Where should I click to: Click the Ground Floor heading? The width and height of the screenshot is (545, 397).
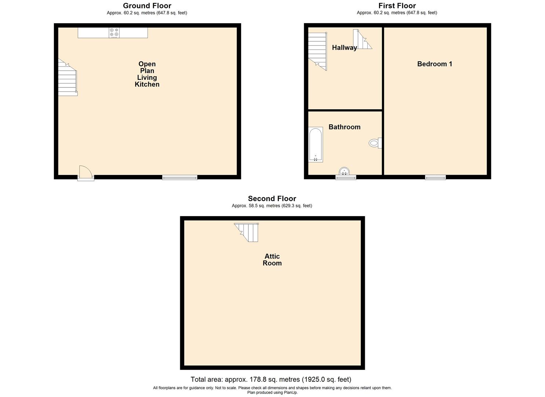(147, 6)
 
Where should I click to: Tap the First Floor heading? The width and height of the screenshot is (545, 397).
(397, 6)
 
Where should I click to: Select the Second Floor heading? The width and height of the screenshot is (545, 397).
(272, 199)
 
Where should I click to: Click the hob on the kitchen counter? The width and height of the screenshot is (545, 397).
(114, 33)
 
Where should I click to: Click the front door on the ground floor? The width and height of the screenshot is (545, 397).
(85, 173)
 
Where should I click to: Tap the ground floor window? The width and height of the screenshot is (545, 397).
(180, 178)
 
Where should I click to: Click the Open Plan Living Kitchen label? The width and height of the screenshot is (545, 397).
(147, 74)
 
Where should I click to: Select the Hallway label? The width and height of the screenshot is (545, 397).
(344, 48)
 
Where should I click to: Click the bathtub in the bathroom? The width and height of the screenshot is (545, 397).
(316, 144)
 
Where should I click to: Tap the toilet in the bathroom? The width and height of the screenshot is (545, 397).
(375, 143)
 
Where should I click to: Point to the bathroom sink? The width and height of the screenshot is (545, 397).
(344, 171)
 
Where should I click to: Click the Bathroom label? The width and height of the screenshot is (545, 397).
(344, 127)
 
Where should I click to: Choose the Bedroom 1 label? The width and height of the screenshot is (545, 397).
(435, 64)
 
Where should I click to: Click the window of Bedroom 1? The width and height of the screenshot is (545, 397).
(435, 178)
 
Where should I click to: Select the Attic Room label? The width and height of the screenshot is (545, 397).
(272, 260)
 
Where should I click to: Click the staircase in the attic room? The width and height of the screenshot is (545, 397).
(248, 232)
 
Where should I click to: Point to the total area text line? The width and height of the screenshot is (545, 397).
(271, 379)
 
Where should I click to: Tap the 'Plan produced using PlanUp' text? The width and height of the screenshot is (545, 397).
(272, 393)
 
